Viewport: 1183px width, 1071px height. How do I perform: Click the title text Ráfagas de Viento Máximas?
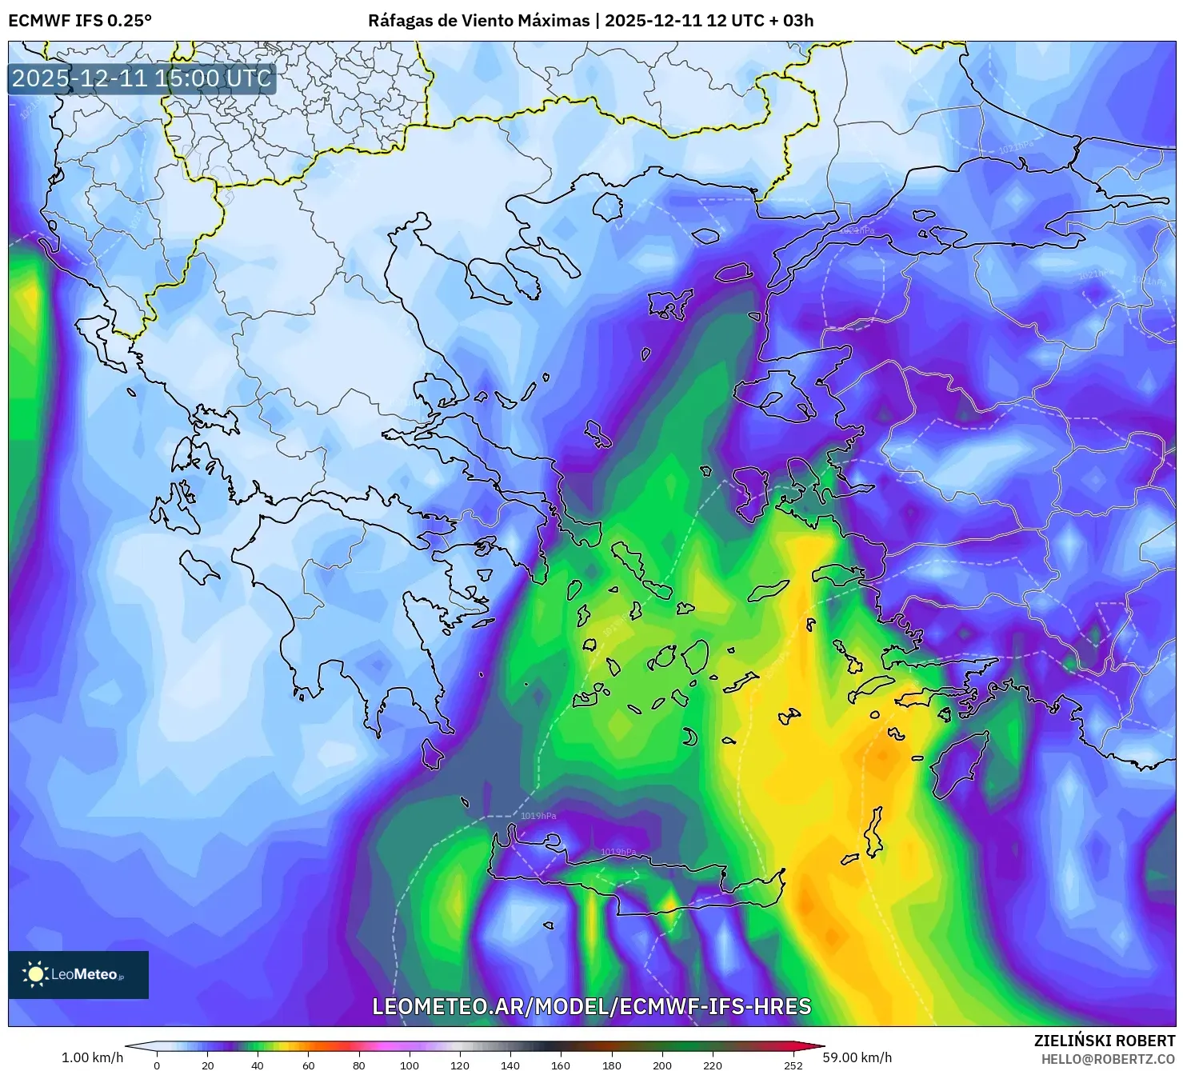pyautogui.click(x=478, y=21)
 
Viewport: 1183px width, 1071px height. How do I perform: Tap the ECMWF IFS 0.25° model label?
pyautogui.click(x=80, y=21)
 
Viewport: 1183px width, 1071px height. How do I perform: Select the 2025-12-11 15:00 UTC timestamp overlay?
pyautogui.click(x=142, y=78)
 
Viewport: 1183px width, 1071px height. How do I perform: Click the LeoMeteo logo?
pyautogui.click(x=78, y=974)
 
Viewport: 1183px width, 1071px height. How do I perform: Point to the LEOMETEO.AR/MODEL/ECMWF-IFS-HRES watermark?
pyautogui.click(x=592, y=1006)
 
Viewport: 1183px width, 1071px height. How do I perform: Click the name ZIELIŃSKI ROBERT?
pyautogui.click(x=1105, y=1041)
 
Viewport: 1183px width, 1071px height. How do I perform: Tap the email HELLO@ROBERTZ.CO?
pyautogui.click(x=1108, y=1058)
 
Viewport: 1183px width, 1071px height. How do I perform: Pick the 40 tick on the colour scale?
pyautogui.click(x=258, y=1065)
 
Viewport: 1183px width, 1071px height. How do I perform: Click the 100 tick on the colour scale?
pyautogui.click(x=410, y=1065)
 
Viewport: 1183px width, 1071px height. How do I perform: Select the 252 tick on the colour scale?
pyautogui.click(x=793, y=1065)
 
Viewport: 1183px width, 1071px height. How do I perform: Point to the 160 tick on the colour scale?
pyautogui.click(x=561, y=1065)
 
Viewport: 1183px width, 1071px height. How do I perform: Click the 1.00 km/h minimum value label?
pyautogui.click(x=93, y=1057)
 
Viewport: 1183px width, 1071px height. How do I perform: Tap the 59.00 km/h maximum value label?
pyautogui.click(x=857, y=1057)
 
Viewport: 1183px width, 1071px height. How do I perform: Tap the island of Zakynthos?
pyautogui.click(x=198, y=567)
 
